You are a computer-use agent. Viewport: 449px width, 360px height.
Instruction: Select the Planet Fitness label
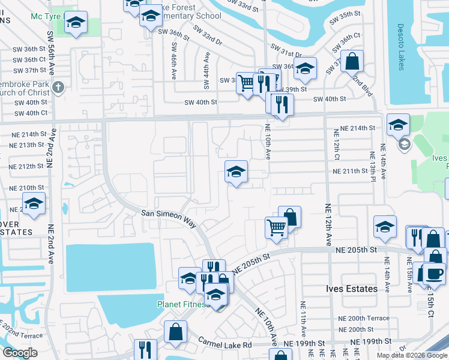182,304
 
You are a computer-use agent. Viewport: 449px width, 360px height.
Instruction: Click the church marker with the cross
58,88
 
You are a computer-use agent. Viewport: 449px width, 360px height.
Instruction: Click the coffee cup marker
434,273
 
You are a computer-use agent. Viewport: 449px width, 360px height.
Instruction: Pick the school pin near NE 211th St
236,172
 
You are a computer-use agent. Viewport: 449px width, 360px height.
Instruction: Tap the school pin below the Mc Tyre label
76,23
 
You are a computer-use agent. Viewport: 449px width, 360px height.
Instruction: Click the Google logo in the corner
20,353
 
